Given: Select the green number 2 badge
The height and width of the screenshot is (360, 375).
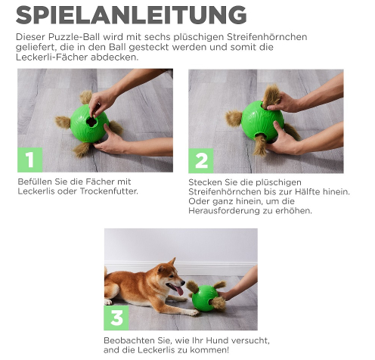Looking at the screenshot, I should point(201,160).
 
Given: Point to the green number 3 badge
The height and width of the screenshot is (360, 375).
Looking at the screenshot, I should point(117,318).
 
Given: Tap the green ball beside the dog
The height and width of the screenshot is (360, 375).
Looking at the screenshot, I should point(204,299).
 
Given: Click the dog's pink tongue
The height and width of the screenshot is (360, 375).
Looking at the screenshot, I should point(178,290).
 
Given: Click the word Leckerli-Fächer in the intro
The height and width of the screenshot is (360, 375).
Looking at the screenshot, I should point(49,57).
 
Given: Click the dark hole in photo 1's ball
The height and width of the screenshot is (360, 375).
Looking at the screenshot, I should point(91,119).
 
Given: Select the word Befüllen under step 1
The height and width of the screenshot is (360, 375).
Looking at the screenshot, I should point(35,182).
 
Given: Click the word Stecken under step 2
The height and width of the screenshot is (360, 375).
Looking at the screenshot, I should point(206,182).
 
